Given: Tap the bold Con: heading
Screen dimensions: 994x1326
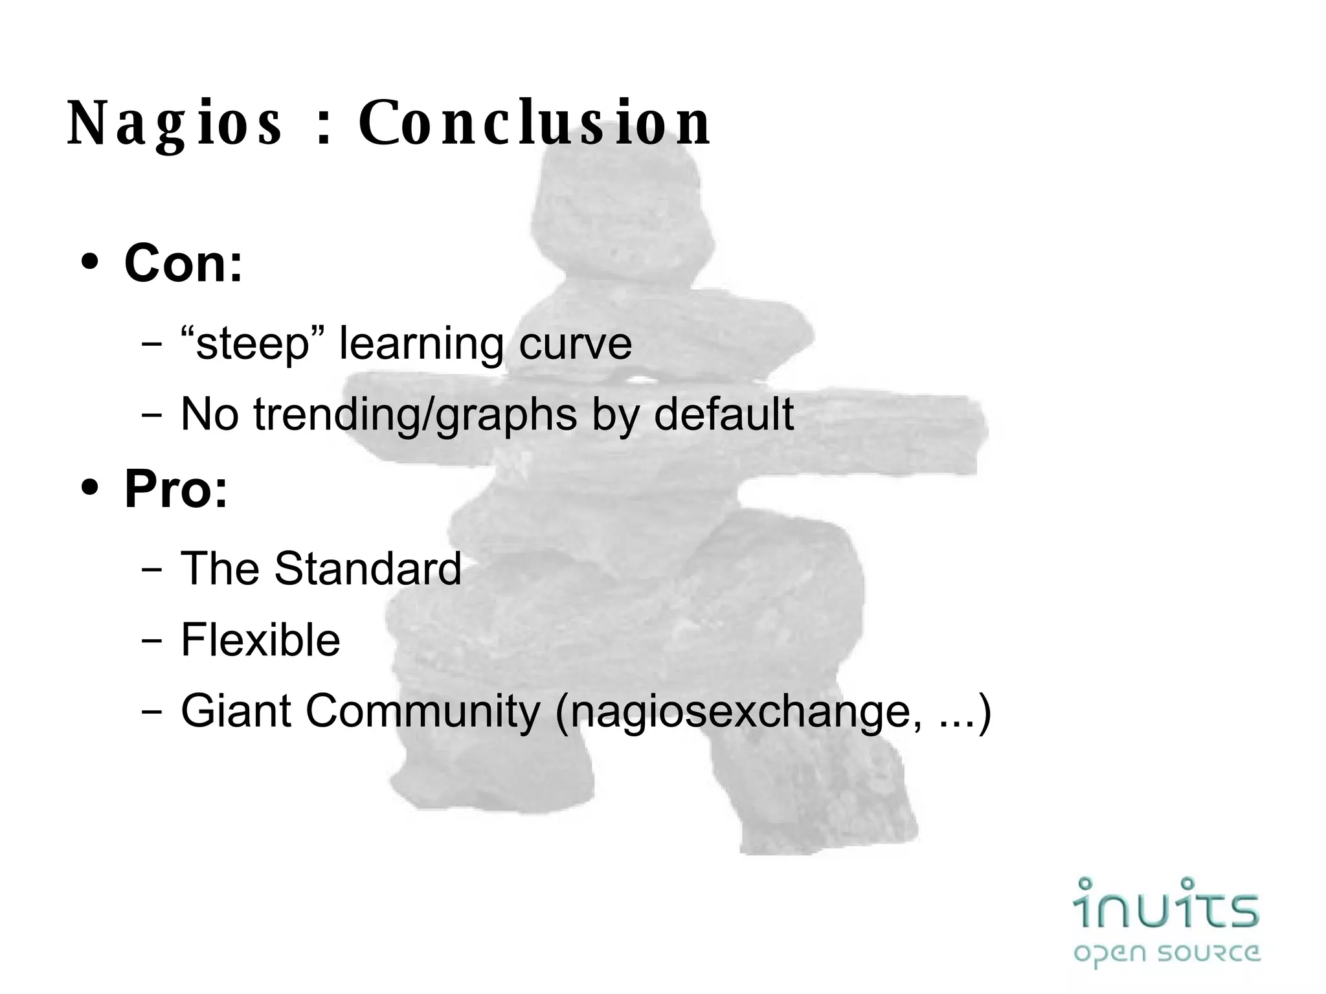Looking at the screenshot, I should click(183, 264).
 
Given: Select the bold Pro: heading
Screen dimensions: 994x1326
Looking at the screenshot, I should click(176, 489).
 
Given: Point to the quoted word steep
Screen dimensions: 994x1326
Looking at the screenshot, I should click(253, 344).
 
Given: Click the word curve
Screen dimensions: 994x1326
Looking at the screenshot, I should click(575, 344).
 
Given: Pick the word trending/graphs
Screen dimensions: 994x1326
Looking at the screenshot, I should click(415, 415).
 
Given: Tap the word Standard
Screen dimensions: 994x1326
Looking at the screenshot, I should click(368, 569).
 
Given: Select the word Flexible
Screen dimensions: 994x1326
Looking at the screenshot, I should click(260, 640).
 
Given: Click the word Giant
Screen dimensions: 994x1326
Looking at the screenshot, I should click(236, 711).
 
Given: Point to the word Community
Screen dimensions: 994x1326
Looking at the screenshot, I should click(422, 711).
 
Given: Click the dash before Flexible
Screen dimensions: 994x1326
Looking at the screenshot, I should click(152, 641).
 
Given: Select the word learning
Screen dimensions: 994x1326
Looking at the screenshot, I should click(421, 345).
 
